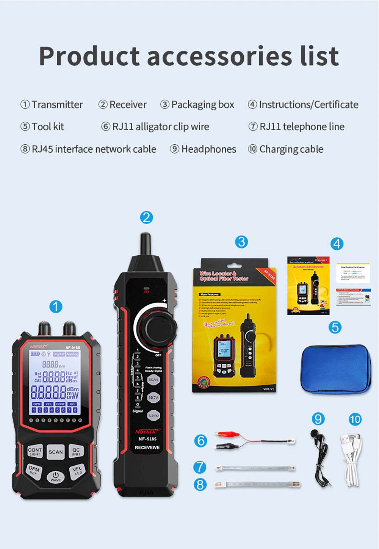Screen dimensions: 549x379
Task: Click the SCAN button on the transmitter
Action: [56, 452]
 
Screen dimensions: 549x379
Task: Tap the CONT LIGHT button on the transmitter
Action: [35, 451]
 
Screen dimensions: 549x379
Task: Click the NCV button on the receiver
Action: [153, 397]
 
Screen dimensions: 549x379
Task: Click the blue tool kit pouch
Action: [335, 369]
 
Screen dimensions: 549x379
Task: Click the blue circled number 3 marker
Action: [241, 242]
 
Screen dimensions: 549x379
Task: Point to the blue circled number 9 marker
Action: [318, 419]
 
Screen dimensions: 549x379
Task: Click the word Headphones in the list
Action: [208, 149]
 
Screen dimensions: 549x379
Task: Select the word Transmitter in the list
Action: [57, 105]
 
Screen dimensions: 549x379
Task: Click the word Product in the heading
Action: [89, 56]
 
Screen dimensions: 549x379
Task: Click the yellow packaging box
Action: [234, 326]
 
